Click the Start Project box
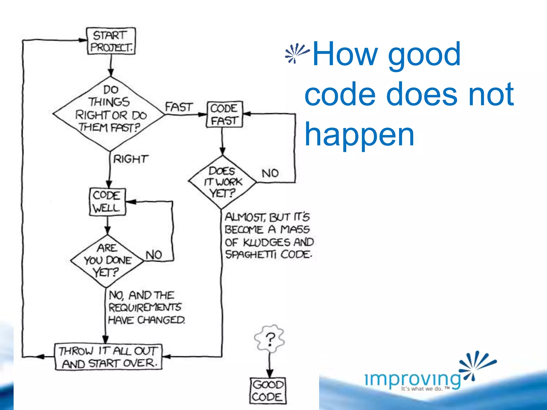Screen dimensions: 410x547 point(111,41)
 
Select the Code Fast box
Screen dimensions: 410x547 point(224,114)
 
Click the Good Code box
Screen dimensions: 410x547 point(268,391)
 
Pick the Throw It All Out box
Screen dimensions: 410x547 point(108,357)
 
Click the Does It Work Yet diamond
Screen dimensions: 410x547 point(222,182)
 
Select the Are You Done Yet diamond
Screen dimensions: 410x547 point(107,261)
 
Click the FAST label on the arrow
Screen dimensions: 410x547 point(179,107)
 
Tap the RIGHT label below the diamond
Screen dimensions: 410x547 point(131,159)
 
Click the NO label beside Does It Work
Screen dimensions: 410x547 point(270,174)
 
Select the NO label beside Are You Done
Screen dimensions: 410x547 point(154,255)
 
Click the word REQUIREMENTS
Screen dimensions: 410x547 point(145,307)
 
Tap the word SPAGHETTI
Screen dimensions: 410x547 point(250,255)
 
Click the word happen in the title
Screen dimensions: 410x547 point(359,135)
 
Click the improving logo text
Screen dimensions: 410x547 point(413,379)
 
